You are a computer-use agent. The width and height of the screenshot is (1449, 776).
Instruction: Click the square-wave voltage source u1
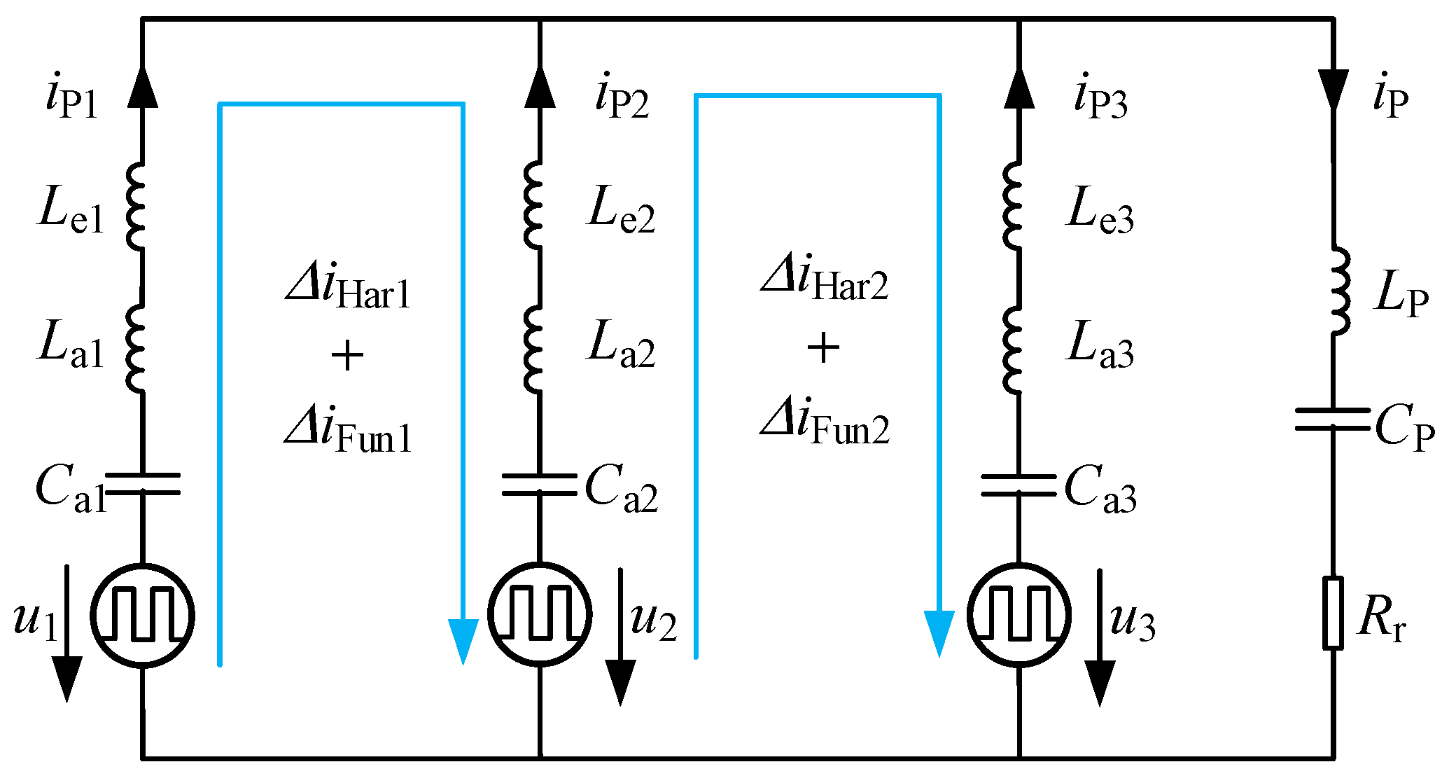[142, 616]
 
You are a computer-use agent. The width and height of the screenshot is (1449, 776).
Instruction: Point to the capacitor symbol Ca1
[142, 484]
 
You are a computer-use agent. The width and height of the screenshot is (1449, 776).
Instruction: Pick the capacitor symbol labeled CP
[1333, 419]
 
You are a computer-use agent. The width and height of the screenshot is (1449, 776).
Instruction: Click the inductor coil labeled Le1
[137, 207]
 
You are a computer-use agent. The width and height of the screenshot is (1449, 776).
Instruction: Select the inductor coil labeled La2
[534, 349]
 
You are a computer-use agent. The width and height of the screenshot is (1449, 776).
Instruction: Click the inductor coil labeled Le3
[1013, 207]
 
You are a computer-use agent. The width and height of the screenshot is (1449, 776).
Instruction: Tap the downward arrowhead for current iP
[1333, 89]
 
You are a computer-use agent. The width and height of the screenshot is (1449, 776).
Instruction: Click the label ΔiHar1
[348, 289]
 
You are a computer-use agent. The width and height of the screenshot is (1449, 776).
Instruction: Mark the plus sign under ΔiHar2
[823, 348]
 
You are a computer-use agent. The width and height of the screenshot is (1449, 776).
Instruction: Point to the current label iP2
[622, 98]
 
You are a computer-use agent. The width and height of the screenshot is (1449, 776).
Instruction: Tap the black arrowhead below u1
[67, 679]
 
